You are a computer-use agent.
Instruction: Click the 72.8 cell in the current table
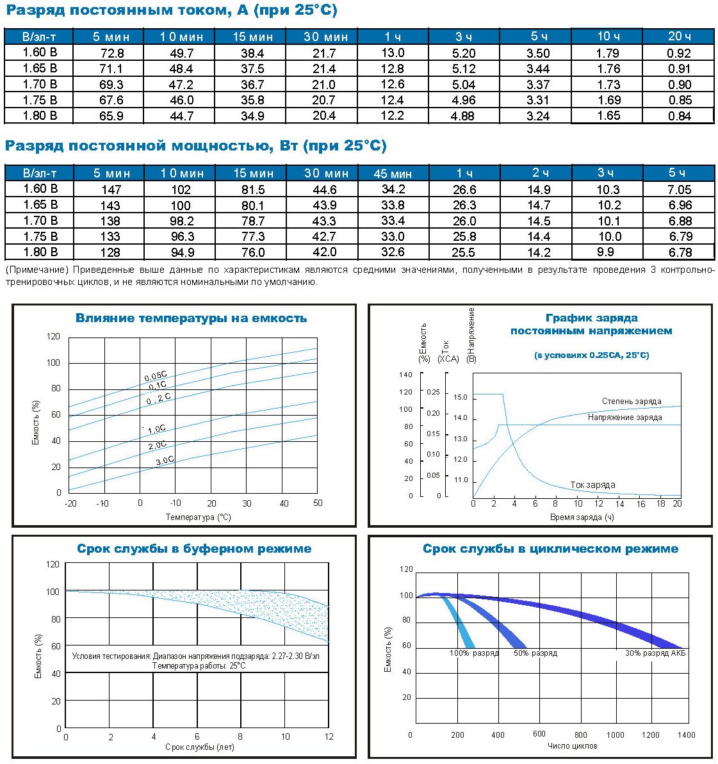(112, 53)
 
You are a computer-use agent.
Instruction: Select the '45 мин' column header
(393, 174)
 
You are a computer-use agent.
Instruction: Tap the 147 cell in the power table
(111, 190)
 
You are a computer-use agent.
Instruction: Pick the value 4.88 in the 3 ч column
(463, 116)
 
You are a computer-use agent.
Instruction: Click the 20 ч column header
(679, 36)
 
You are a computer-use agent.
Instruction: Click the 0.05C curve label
(156, 376)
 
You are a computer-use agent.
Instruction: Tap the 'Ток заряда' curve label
(592, 485)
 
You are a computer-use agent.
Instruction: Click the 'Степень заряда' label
(632, 401)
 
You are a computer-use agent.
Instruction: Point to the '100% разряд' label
(474, 653)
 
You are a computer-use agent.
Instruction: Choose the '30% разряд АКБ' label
(655, 653)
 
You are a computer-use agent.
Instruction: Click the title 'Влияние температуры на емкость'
(191, 318)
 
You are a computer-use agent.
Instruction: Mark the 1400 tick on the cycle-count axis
(687, 735)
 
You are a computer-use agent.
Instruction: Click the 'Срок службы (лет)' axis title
(200, 747)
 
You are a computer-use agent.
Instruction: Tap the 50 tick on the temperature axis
(318, 503)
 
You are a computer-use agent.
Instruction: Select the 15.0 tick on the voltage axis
(460, 397)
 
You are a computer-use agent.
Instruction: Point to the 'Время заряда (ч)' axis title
(582, 517)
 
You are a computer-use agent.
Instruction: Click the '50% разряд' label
(535, 653)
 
